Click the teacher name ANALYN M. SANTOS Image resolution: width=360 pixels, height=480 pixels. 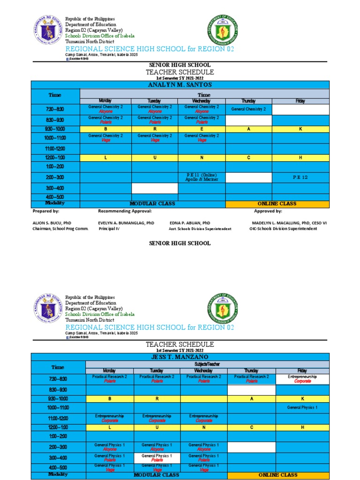(x=180, y=85)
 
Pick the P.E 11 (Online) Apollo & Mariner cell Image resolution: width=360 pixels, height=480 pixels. (x=202, y=177)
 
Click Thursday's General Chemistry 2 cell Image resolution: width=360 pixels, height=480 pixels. (x=248, y=109)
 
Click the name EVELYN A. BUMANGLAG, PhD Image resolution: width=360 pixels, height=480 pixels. (x=126, y=223)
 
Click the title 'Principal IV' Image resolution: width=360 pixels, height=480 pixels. (x=109, y=229)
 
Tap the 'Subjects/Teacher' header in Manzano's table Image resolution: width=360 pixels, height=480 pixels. (x=204, y=364)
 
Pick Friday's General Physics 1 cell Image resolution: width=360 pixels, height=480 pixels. (x=302, y=407)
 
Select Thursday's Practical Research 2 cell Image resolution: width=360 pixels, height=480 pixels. (x=251, y=379)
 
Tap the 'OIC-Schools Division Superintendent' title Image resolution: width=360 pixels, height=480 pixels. (x=283, y=229)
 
